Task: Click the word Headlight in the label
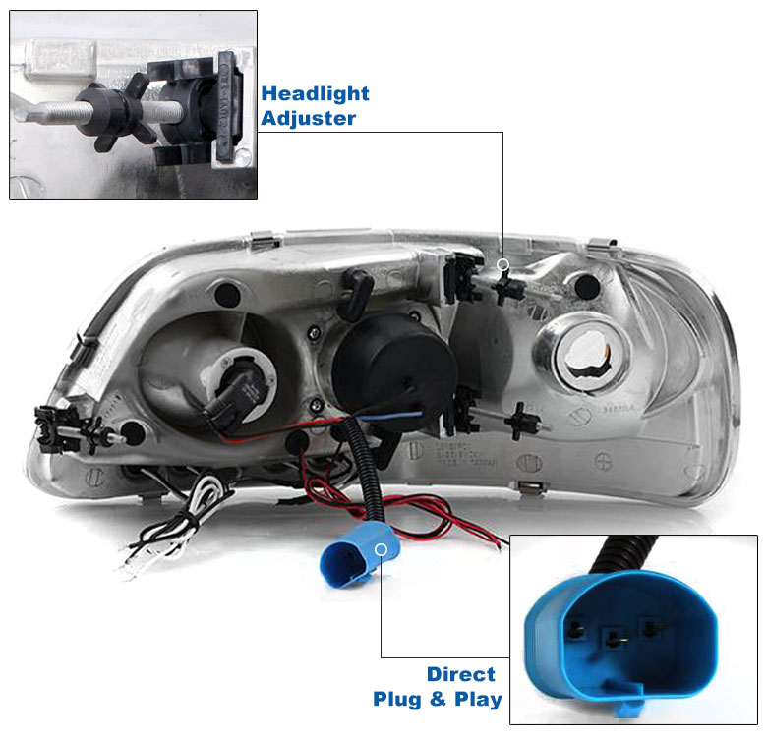(315, 93)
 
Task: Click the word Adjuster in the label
(308, 118)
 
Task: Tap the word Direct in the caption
(461, 674)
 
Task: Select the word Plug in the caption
(396, 699)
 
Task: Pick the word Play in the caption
(478, 699)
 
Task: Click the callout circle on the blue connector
(382, 550)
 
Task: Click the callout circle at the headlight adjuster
(502, 265)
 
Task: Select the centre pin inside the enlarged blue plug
(615, 639)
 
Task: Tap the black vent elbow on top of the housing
(357, 294)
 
